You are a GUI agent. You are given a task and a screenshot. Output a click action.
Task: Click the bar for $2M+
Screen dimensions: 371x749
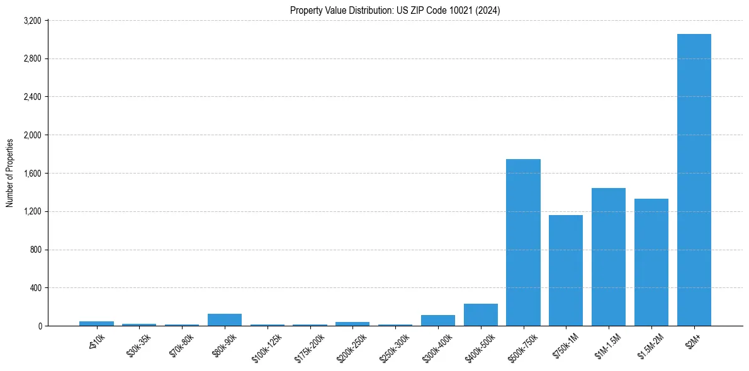coord(694,180)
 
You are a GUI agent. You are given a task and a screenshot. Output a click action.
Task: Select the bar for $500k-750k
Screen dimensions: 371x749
coord(523,243)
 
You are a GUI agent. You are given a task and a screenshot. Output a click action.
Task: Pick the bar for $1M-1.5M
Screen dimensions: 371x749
coord(609,257)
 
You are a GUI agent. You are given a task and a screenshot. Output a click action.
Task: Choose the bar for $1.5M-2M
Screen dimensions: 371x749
coord(651,262)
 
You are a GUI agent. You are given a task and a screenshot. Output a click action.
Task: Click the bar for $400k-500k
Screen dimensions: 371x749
coord(480,315)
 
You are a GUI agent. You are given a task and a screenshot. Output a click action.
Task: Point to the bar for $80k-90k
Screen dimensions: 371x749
coord(225,320)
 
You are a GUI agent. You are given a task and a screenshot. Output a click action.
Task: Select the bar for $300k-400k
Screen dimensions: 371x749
coord(438,321)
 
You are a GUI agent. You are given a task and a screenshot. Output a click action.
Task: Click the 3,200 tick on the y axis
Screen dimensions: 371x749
coord(32,21)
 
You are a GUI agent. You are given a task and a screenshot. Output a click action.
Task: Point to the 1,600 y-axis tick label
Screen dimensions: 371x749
coord(32,174)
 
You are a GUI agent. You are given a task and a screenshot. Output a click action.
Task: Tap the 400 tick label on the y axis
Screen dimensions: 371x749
coord(35,288)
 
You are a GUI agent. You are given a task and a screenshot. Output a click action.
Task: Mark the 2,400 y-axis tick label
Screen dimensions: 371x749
coord(32,97)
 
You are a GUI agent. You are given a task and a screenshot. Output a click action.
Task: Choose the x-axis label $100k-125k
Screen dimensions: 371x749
coord(266,347)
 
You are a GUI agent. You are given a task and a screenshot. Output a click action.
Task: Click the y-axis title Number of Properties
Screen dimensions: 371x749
coord(10,173)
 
